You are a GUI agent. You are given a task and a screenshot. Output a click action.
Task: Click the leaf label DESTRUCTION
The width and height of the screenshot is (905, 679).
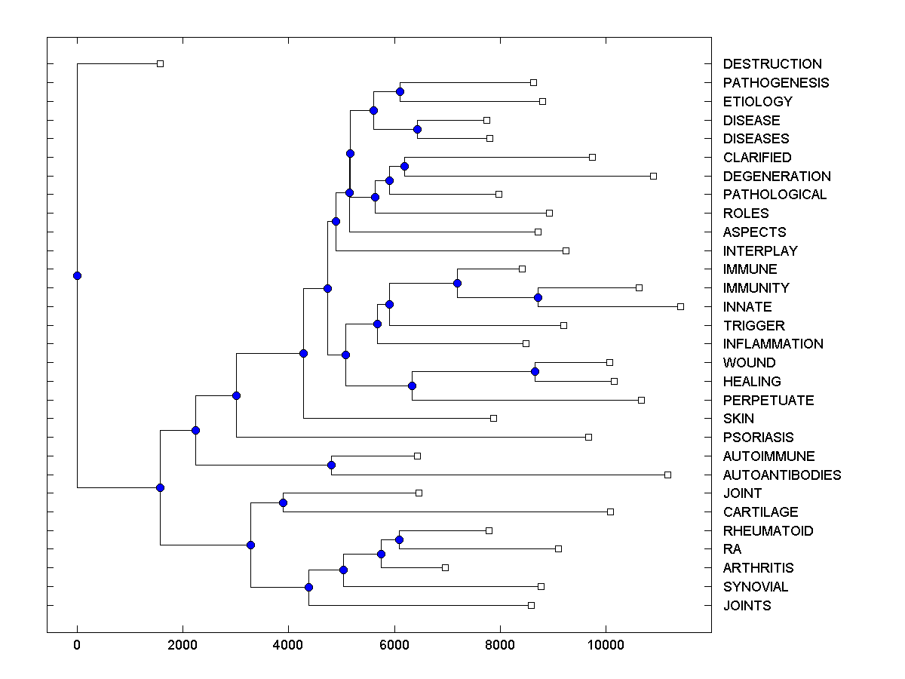point(772,64)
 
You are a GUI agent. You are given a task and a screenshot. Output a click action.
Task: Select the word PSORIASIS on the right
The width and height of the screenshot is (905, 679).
point(758,438)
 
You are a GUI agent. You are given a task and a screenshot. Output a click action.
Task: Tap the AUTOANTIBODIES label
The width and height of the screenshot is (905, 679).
point(781,475)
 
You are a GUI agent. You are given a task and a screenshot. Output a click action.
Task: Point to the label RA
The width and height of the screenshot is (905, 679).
point(732,549)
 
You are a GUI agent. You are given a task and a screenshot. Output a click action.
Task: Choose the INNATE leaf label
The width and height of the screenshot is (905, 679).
point(747,307)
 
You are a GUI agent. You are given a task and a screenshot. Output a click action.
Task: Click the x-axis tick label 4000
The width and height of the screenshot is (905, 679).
point(288,644)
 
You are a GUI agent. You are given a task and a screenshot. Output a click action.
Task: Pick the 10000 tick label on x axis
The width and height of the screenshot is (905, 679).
point(606,644)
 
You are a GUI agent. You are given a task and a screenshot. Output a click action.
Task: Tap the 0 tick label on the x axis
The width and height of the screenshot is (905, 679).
point(77,644)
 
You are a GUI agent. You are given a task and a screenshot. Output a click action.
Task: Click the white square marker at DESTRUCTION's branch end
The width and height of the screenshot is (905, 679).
point(160,63)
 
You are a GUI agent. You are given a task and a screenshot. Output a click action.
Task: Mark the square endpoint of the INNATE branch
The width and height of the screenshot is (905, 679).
point(680,306)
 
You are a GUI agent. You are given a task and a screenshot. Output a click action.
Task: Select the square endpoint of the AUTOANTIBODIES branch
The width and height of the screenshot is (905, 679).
point(667,475)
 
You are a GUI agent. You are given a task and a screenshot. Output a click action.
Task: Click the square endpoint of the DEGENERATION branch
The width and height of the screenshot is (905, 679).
point(653,176)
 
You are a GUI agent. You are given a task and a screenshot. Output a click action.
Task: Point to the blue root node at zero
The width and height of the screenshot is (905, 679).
point(77,275)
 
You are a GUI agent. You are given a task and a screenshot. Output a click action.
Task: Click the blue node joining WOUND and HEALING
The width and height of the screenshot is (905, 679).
point(535,371)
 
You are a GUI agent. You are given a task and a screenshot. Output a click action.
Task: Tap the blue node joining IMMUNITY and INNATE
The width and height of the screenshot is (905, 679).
point(538,297)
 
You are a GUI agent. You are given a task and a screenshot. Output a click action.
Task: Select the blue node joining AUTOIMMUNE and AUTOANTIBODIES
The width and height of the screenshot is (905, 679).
point(331,465)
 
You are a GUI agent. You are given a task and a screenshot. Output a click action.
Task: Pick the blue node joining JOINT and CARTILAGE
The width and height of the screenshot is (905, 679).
point(283,502)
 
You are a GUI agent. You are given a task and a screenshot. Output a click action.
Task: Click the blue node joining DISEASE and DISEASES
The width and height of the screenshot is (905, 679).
point(417,129)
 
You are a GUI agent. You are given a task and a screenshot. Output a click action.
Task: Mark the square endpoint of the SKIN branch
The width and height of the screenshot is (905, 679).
point(493,418)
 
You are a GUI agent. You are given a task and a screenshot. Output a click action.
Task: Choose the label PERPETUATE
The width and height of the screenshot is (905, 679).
point(768,400)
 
